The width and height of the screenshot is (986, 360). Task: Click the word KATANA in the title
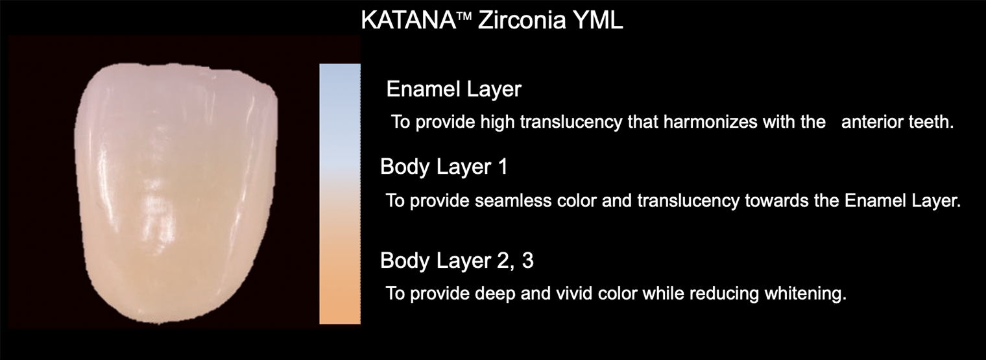pos(408,20)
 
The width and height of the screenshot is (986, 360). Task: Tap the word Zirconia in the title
pos(516,20)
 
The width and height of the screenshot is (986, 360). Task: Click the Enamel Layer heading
pos(454,90)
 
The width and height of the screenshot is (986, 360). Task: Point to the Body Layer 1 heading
pos(444,167)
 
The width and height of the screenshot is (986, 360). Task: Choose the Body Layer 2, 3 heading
pos(457,261)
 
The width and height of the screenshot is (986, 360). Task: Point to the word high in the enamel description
pos(497,123)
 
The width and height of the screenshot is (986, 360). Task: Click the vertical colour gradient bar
pos(340,194)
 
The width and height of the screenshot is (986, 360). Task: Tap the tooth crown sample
pos(176,194)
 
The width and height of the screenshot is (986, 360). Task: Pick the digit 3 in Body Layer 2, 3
pos(528,261)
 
